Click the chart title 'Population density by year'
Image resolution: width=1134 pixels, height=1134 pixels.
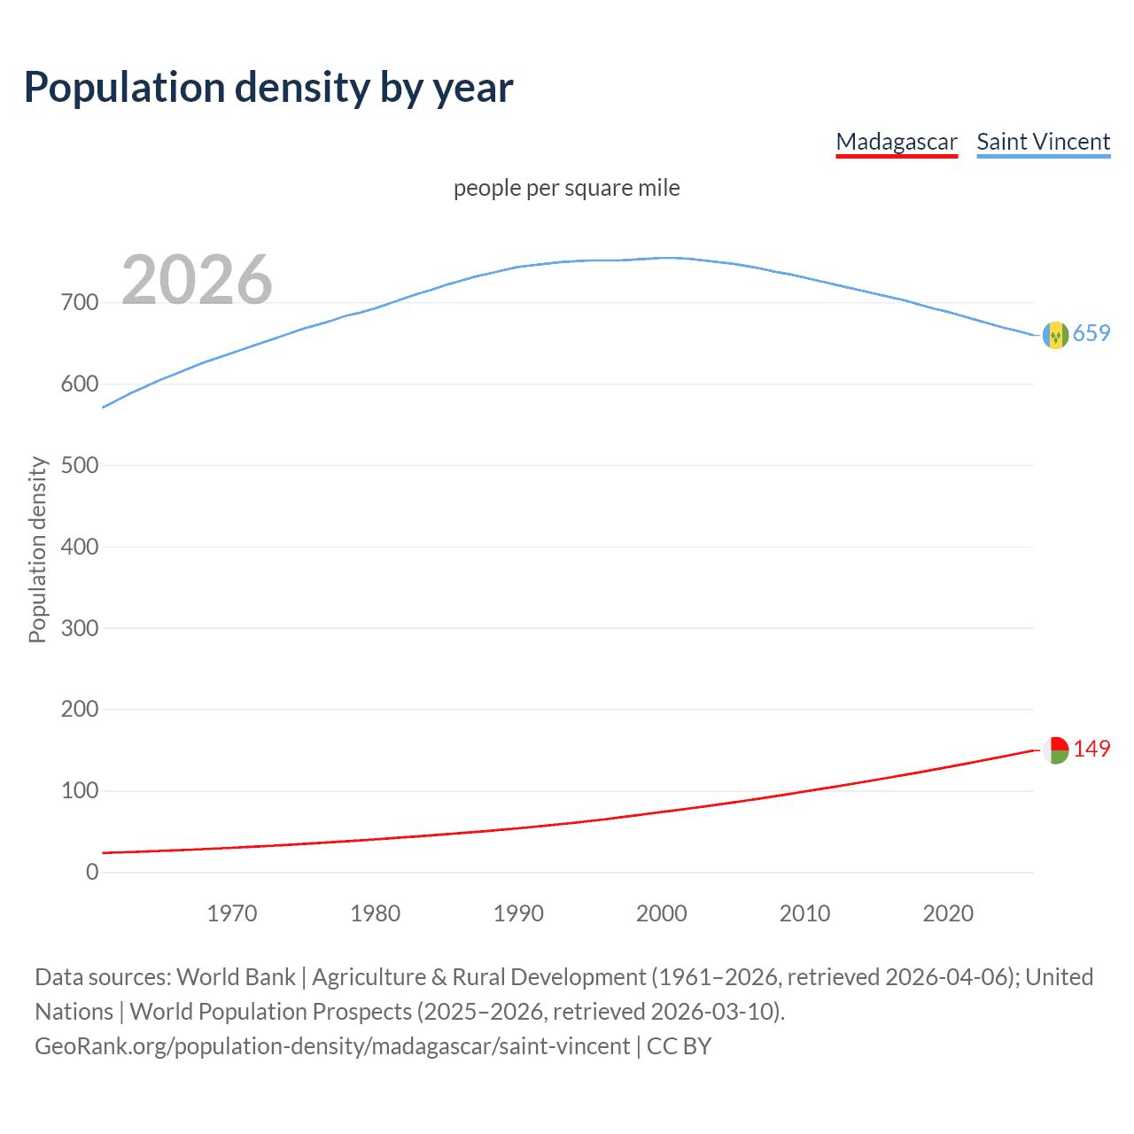pos(268,88)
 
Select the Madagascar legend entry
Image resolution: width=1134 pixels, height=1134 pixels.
pos(897,142)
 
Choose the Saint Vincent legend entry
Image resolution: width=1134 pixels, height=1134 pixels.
pos(1043,142)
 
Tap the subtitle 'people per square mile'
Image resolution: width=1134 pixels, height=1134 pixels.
pos(566,188)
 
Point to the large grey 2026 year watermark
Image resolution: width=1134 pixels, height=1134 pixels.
pos(197,280)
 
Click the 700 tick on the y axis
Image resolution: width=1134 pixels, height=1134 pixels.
pos(80,303)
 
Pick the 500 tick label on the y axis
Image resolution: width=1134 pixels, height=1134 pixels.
pos(80,466)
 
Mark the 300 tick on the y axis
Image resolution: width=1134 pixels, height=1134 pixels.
pos(80,628)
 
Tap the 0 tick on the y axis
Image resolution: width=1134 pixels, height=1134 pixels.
pos(92,872)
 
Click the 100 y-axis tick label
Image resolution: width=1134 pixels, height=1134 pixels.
pos(80,791)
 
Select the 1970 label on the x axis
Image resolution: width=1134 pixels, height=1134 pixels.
pos(232,913)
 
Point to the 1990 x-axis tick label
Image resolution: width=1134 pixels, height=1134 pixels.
pos(518,913)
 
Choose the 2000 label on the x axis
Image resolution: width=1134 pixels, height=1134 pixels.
pos(662,913)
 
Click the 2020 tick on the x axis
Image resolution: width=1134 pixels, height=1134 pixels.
pos(948,913)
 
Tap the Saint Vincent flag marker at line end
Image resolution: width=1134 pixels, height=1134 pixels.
pos(1055,335)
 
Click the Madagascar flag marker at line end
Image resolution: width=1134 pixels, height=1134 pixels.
pos(1055,750)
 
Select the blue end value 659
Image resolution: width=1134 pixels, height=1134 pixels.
pos(1091,333)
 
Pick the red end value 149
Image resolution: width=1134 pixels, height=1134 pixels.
pos(1091,749)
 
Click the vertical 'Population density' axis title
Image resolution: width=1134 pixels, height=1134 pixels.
pos(37,549)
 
